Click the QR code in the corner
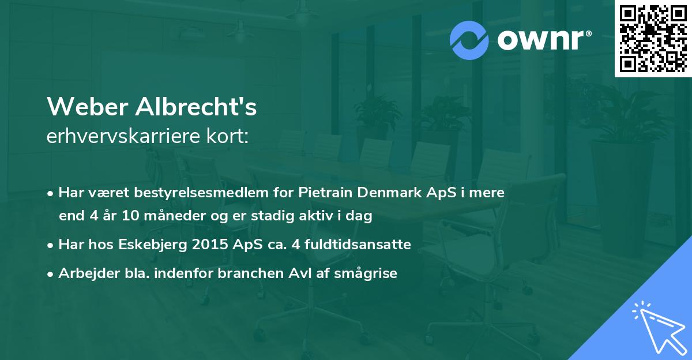[x=653, y=39]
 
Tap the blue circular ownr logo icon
[x=469, y=40]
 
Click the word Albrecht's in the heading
[x=195, y=107]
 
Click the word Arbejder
[x=85, y=273]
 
